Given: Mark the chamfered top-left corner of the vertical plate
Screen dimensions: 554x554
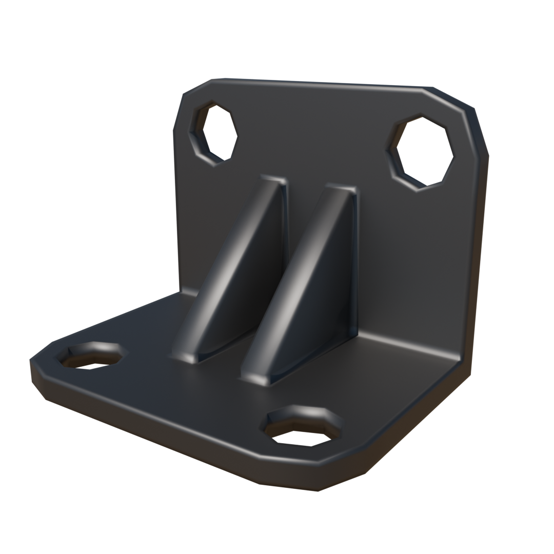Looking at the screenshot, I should pos(192,90).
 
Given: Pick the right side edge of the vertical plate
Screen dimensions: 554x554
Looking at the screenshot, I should pos(480,231).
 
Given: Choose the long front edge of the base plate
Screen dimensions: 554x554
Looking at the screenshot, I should pos(154,431).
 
